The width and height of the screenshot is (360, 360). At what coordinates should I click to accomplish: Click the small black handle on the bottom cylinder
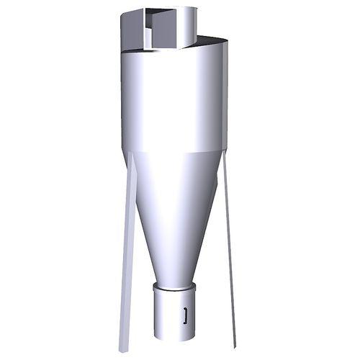pyautogui.click(x=186, y=314)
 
